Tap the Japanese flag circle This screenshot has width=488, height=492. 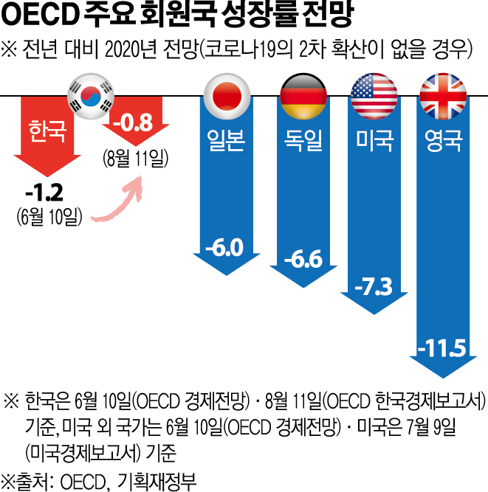[x=227, y=94]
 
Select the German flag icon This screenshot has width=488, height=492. [x=303, y=94]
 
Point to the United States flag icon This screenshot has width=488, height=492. [x=375, y=94]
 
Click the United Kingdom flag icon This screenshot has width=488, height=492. [x=444, y=94]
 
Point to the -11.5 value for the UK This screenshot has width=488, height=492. [x=443, y=346]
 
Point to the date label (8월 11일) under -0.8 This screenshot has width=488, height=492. [x=136, y=158]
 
